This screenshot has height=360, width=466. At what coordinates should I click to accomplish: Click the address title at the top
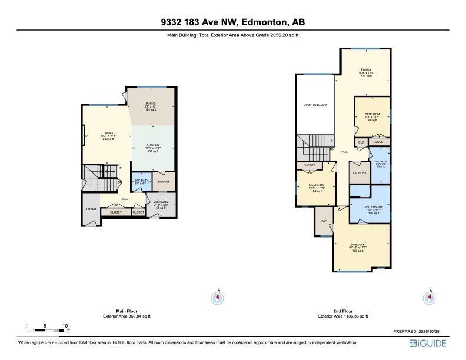[233, 23]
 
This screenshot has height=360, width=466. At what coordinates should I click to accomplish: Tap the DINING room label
[151, 103]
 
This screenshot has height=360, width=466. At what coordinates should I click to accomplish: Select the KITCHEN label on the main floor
[153, 145]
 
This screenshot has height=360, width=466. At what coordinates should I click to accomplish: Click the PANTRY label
[164, 182]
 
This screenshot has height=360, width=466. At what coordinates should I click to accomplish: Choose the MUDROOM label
[161, 202]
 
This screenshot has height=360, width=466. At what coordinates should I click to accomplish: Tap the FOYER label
[91, 209]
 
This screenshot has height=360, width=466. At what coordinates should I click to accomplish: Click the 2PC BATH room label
[141, 180]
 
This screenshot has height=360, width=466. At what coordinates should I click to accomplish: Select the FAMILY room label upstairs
[365, 69]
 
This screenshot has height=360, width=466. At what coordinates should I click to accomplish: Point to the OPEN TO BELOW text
[315, 105]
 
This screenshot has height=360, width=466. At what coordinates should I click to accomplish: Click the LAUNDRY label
[360, 172]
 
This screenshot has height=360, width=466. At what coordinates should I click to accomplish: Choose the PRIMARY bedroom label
[358, 244]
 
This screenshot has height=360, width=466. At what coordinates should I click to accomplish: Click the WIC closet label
[324, 221]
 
